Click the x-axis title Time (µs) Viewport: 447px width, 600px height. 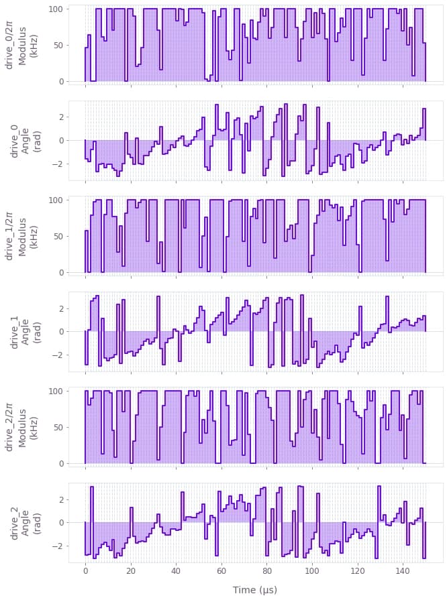(254, 590)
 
